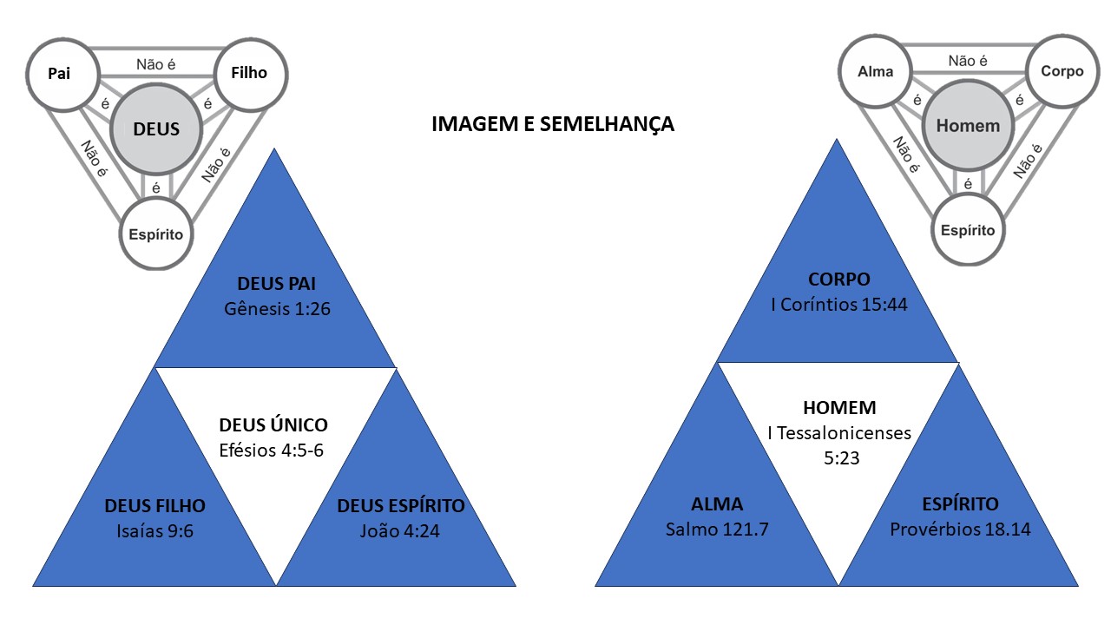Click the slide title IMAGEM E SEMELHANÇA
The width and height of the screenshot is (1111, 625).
coord(553,124)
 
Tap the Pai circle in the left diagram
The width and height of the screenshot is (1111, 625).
coord(60,73)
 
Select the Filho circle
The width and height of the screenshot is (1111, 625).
coord(249,73)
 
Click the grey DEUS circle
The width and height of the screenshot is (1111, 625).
coord(156,129)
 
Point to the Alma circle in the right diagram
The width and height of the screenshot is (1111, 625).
coord(875,72)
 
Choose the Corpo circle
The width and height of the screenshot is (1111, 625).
coord(1062,72)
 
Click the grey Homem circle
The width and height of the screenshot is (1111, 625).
coord(968,126)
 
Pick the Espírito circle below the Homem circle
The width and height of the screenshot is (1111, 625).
coord(968,230)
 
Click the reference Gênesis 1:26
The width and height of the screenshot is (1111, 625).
coord(276,308)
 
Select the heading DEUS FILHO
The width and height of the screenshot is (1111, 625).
coord(155,506)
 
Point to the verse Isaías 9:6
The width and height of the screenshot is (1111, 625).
coord(155,530)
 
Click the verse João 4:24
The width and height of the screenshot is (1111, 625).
coord(400,530)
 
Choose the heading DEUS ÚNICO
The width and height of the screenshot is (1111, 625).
coord(273,425)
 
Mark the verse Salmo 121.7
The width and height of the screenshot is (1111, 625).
coord(718,529)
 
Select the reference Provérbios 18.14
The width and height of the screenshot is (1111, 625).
coord(961,529)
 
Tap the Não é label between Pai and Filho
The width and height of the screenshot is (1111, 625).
coord(157,63)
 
